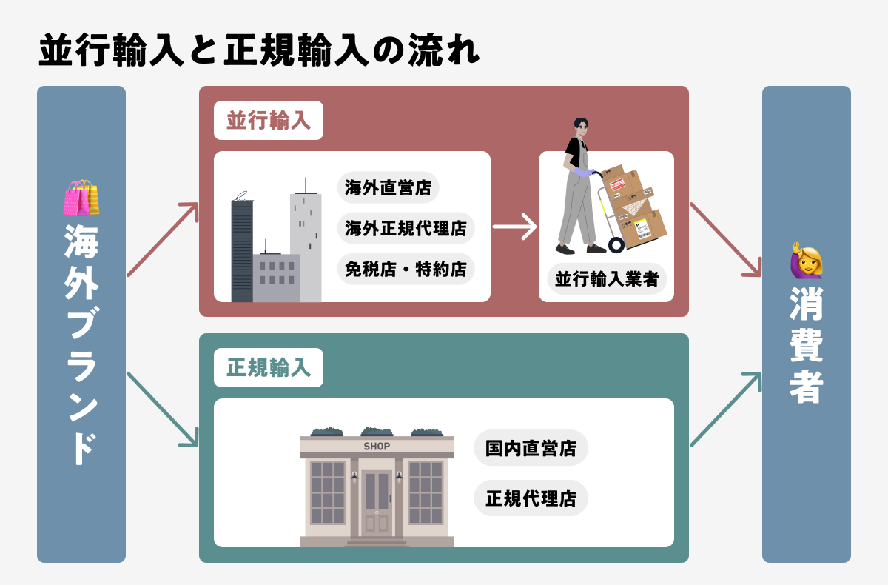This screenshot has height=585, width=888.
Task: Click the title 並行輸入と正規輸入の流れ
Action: pyautogui.click(x=259, y=50)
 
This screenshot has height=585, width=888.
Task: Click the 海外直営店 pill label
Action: pyautogui.click(x=388, y=187)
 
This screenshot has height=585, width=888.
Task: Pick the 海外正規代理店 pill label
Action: pyautogui.click(x=406, y=229)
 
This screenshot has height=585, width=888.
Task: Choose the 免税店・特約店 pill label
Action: pyautogui.click(x=406, y=270)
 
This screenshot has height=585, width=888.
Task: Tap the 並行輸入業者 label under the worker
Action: pyautogui.click(x=607, y=279)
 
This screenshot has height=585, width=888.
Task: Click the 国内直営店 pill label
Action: pyautogui.click(x=531, y=448)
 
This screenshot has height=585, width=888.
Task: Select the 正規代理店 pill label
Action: pyautogui.click(x=531, y=498)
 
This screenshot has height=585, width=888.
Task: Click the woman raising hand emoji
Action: pyautogui.click(x=807, y=259)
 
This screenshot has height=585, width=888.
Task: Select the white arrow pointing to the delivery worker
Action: pyautogui.click(x=514, y=227)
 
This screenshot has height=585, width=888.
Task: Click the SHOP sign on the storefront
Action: pyautogui.click(x=377, y=447)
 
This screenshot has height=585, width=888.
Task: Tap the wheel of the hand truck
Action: pyautogui.click(x=616, y=244)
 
